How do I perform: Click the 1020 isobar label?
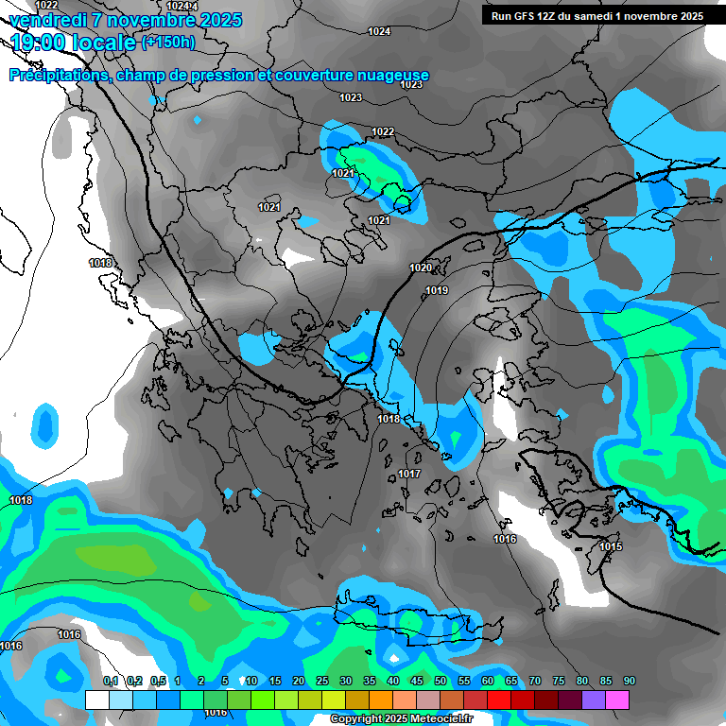(x=421, y=268)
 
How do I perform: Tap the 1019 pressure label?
(x=437, y=290)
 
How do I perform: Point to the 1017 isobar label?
(x=408, y=474)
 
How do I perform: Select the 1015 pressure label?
(x=610, y=546)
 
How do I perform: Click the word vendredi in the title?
(x=50, y=20)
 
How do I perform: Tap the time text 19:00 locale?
(x=74, y=43)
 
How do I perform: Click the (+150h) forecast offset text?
(x=168, y=42)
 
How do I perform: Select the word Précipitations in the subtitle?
(x=59, y=76)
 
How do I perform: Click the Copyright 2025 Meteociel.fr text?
(x=401, y=719)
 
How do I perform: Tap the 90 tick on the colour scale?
(x=629, y=682)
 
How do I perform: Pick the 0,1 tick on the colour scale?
(x=111, y=682)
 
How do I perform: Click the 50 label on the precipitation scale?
(x=441, y=682)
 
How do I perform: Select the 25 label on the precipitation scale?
(x=322, y=682)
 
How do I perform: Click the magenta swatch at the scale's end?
(x=617, y=700)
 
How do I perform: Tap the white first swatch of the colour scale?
(x=97, y=700)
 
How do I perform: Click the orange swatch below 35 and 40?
(x=381, y=700)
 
